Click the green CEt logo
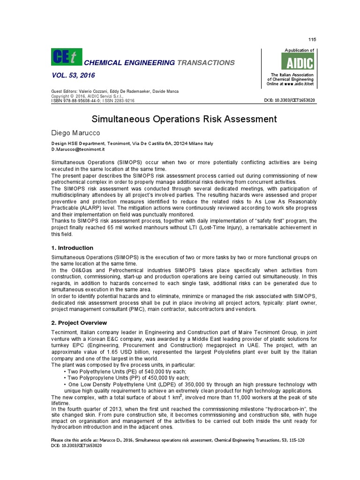coord(66,58)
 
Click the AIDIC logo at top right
coord(298,61)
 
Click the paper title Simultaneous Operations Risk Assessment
coord(184,119)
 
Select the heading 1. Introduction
coord(72,247)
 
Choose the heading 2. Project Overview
coord(79,322)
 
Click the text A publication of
coord(299,50)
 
